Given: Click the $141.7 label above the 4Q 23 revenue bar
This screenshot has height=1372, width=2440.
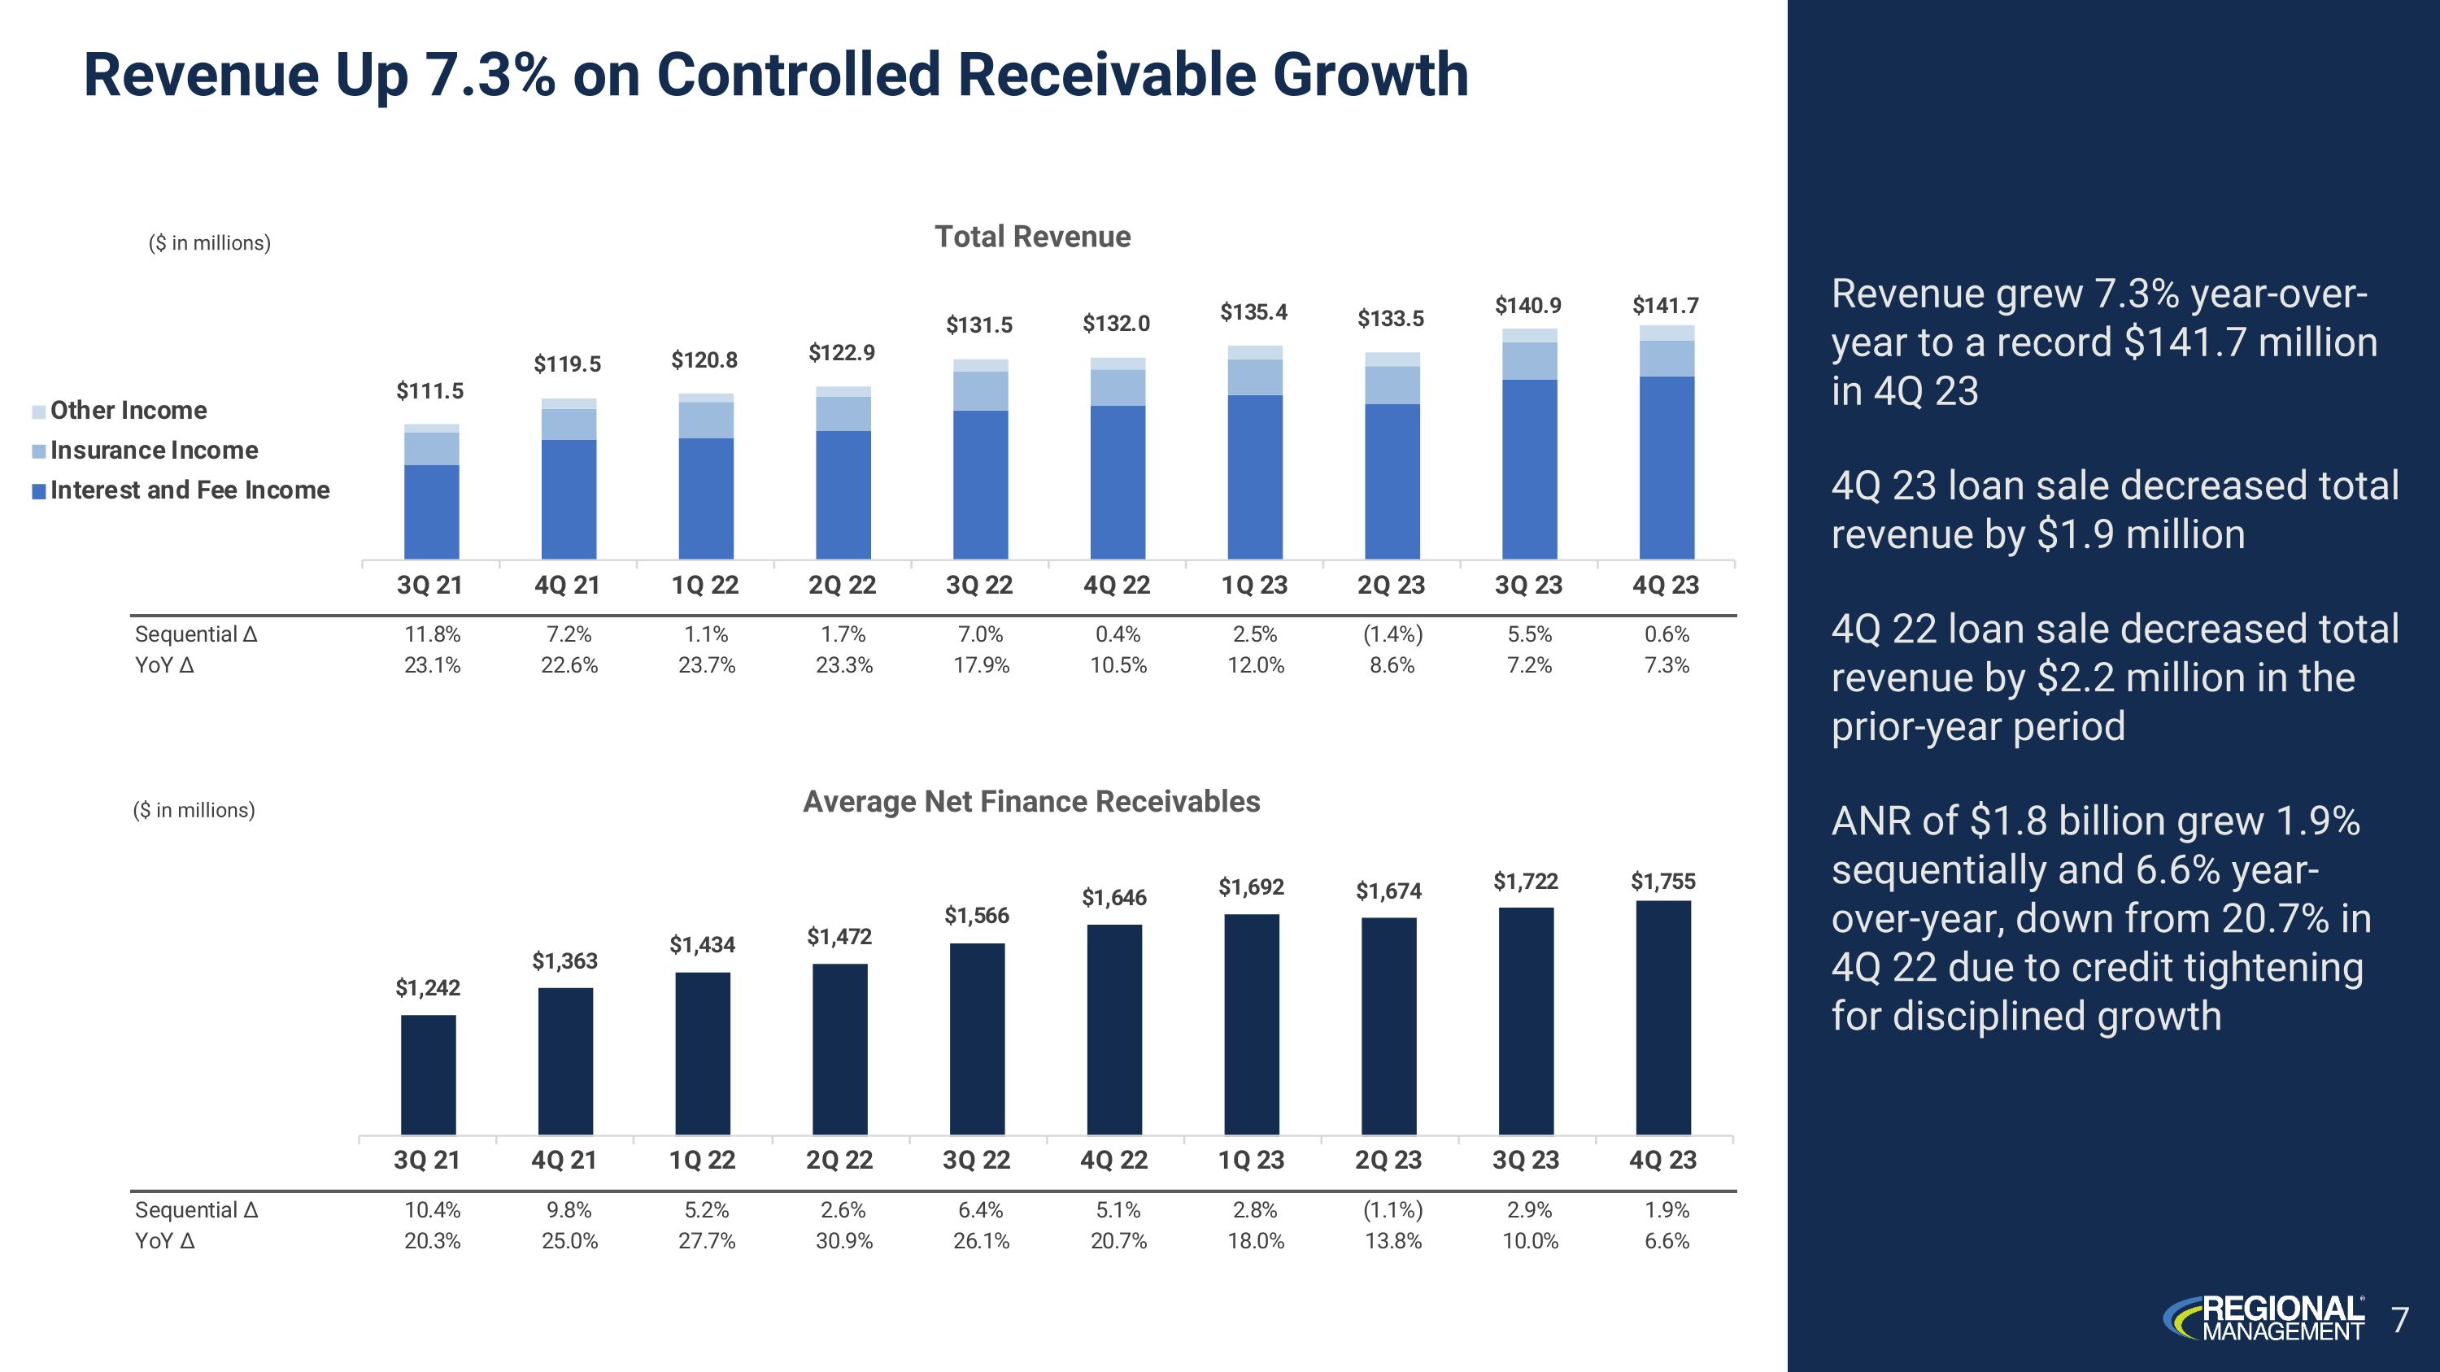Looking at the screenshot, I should click(x=1665, y=306).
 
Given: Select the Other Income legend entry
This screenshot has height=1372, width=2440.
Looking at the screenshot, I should click(x=128, y=411).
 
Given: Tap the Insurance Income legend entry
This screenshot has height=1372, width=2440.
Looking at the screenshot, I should click(x=154, y=451).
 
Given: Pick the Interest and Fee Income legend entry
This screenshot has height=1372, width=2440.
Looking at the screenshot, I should click(x=190, y=490).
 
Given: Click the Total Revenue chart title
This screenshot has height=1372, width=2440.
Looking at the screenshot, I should click(x=1032, y=237).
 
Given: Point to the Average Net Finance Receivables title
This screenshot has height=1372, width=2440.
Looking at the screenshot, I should click(x=1031, y=802).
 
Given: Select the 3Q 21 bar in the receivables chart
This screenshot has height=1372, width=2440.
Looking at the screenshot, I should click(x=428, y=1074).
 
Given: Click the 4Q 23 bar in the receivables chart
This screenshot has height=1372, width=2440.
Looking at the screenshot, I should click(x=1663, y=1018).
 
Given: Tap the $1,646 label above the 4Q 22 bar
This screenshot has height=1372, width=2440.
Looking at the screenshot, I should click(x=1114, y=898).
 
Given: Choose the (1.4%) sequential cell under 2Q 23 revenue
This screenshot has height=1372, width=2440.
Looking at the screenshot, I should click(x=1392, y=634).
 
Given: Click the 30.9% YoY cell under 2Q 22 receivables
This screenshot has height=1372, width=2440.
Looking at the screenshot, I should click(x=844, y=1241).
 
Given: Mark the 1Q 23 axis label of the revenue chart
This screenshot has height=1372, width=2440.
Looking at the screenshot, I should click(x=1254, y=586).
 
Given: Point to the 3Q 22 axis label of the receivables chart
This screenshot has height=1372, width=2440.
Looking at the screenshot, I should click(x=977, y=1161).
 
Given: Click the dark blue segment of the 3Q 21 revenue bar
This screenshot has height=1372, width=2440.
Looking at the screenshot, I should click(x=432, y=512).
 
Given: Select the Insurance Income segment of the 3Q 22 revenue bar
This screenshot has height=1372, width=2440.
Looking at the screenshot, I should click(x=980, y=391).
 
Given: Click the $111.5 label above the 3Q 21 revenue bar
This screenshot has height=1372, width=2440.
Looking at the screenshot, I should click(x=430, y=391).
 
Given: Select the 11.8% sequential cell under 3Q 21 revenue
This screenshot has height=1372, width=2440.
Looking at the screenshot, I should click(x=432, y=634).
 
